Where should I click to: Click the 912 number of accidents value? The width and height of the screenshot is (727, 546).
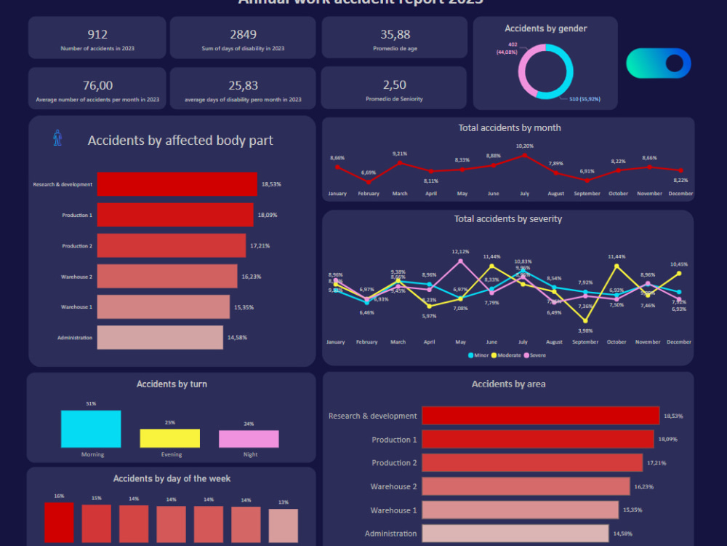point(97,34)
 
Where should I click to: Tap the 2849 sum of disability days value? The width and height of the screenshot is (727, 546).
point(243,34)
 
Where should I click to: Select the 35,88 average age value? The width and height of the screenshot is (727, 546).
point(395,34)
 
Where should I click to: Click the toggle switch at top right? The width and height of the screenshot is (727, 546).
point(659,63)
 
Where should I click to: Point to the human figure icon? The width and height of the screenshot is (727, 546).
point(58,138)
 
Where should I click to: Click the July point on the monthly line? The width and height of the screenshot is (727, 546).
point(524,155)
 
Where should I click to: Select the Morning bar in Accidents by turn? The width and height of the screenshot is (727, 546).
point(91,429)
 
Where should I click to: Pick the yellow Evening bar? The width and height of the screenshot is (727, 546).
point(169,438)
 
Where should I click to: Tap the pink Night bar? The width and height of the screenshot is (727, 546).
point(249,439)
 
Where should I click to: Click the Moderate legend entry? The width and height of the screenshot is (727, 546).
point(506,355)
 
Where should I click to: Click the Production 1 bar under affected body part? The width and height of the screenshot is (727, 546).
point(174,215)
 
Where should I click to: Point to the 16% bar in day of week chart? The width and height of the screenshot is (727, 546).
point(59,522)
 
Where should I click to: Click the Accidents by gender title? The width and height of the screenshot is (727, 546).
point(545,28)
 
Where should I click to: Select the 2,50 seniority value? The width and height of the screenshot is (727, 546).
point(394,85)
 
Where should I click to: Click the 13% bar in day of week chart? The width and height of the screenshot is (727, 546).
point(283,526)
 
